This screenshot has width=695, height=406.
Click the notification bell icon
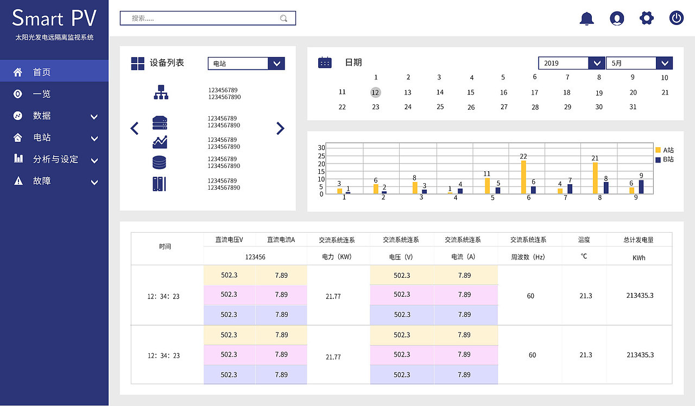coord(587,18)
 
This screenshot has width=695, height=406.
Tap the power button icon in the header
coord(676,18)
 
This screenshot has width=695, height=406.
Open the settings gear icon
coord(646,18)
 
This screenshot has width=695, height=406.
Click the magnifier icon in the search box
coord(283,18)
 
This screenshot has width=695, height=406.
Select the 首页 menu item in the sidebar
coord(42,72)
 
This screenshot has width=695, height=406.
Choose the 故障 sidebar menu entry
coord(42,181)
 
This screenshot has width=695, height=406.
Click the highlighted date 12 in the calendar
coord(375,92)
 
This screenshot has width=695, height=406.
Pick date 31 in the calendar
coord(633,107)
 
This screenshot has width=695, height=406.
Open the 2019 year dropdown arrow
coord(597,63)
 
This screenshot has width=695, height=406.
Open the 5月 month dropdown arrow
coord(665,63)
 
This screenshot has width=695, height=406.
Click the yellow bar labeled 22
coord(523,177)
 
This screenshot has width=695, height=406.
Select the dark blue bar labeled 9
coord(641,186)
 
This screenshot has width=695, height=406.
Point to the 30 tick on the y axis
coord(321,148)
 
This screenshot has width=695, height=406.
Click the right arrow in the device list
coord(280,128)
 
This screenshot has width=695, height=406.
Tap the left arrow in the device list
coord(135,128)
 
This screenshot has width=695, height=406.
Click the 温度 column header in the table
coord(584,240)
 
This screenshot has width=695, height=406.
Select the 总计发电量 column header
coord(639,240)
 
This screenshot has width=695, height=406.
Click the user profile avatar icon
coord(617,18)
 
